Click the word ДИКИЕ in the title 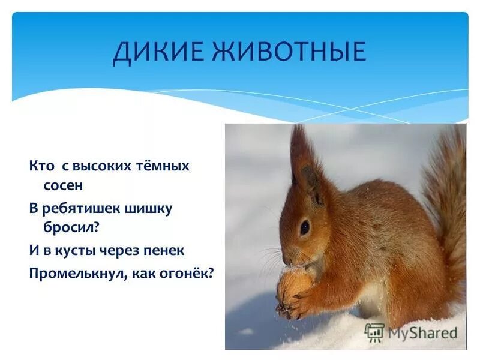[157, 52]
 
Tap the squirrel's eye [305, 228]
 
